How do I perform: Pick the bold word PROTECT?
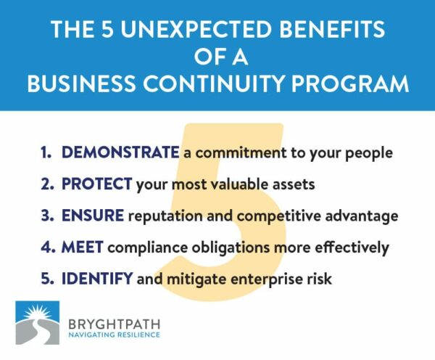(97, 184)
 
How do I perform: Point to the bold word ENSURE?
(92, 216)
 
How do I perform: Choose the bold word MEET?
(82, 247)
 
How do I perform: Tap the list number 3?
(46, 216)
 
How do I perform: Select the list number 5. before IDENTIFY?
(46, 279)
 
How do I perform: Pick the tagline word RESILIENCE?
(137, 334)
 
